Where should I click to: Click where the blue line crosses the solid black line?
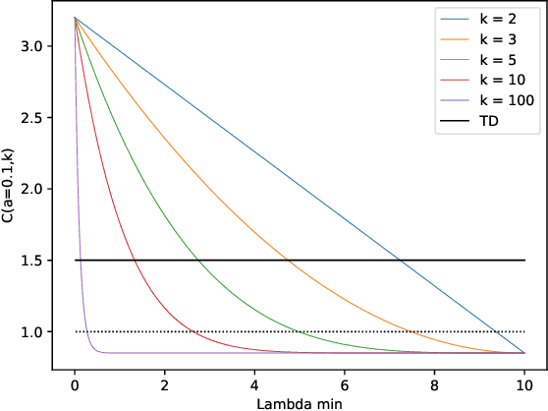(400, 261)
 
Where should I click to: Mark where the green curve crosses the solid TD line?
(197, 261)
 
